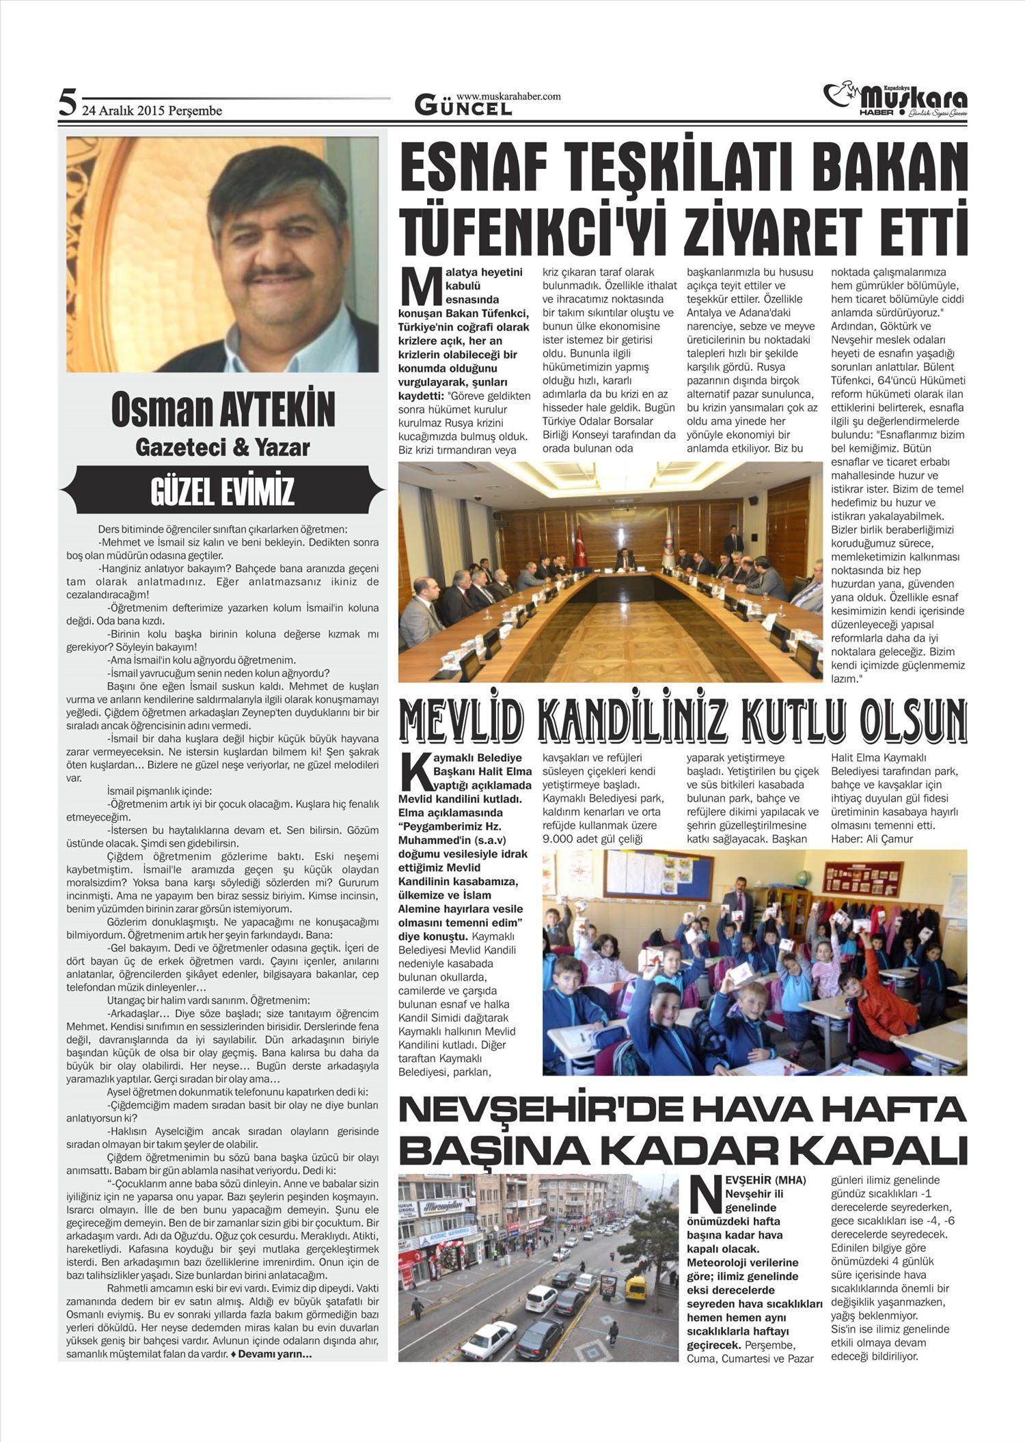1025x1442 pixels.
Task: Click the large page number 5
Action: coord(67,103)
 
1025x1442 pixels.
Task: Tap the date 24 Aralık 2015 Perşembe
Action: coord(152,111)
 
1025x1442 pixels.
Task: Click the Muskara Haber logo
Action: coord(895,100)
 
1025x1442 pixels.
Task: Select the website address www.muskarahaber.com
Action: coord(508,96)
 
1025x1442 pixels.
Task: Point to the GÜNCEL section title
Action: coord(463,107)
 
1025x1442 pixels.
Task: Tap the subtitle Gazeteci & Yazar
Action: coord(223,448)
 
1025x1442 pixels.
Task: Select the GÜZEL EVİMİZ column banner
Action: coord(223,491)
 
